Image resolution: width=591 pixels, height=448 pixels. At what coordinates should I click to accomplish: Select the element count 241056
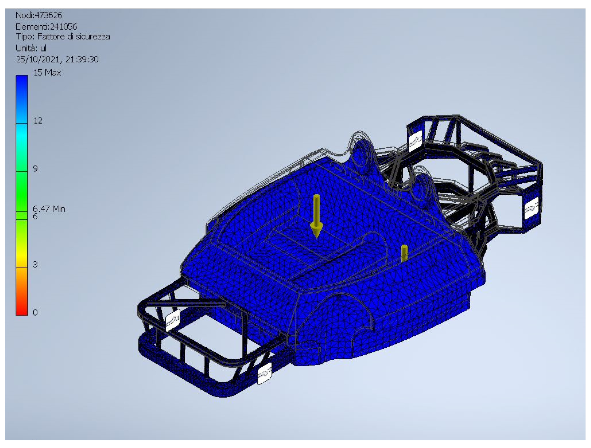[x=64, y=26]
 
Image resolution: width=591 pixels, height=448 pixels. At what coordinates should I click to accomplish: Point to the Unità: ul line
[x=31, y=48]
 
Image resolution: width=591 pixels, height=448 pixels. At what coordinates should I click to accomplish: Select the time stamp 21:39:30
[x=82, y=59]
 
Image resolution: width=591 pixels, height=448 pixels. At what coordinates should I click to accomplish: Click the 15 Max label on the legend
[x=47, y=72]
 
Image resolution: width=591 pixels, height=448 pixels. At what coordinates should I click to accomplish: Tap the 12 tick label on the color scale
[x=38, y=120]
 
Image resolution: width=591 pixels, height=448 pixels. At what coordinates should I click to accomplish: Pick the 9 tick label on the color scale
[x=35, y=168]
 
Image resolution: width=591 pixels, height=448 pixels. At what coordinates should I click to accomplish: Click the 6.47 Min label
[x=49, y=209]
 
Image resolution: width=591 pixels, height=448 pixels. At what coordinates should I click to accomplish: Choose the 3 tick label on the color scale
[x=35, y=264]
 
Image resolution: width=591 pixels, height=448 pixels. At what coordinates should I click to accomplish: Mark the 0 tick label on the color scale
[x=35, y=312]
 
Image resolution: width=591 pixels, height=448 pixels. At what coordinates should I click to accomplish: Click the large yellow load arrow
[x=316, y=216]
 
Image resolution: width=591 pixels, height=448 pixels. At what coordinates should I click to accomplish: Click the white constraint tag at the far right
[x=531, y=208]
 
